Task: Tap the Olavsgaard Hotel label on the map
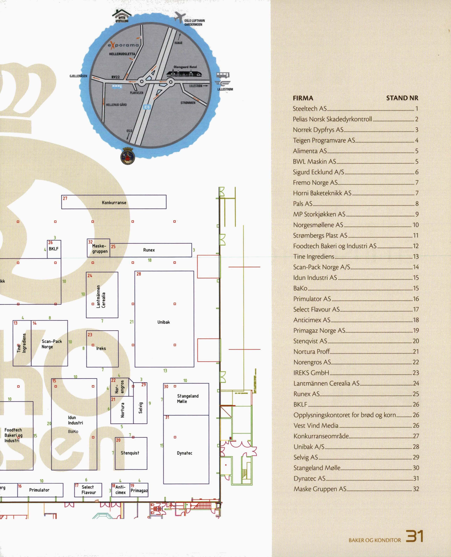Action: point(185,67)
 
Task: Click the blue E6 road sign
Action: point(147,107)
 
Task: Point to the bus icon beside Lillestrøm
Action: point(223,75)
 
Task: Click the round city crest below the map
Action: point(128,156)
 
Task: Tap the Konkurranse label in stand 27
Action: point(114,203)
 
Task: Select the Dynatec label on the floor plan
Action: point(184,453)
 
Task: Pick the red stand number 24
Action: point(90,275)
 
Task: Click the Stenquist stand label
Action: point(130,453)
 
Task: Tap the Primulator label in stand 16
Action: point(39,490)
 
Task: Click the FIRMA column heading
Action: point(303,98)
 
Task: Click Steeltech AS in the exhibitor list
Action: point(309,109)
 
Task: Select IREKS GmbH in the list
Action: point(311,373)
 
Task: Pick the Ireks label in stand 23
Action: point(101,348)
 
